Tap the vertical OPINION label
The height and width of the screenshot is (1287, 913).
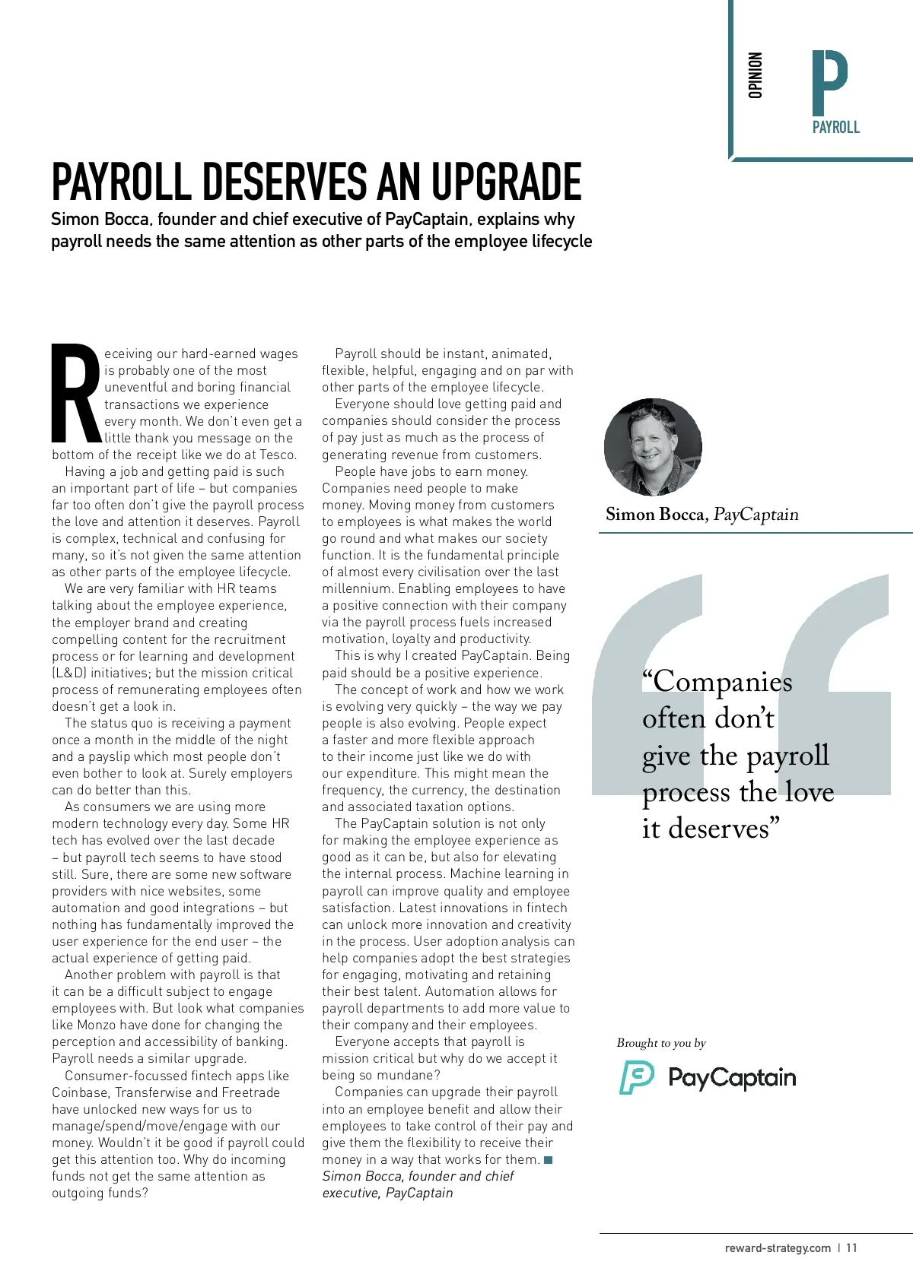[x=755, y=75]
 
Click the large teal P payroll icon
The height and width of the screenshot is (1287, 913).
[x=829, y=82]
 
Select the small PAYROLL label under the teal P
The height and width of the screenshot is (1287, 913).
[x=835, y=128]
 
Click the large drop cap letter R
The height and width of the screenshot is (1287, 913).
[x=76, y=394]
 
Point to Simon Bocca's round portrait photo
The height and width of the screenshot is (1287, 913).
[x=653, y=448]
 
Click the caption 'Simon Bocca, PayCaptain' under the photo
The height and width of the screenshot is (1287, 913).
[x=701, y=515]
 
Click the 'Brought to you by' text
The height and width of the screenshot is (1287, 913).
[x=661, y=1043]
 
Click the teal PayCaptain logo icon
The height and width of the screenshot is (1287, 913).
[x=637, y=1078]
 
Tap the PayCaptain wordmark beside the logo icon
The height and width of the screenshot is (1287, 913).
[x=732, y=1078]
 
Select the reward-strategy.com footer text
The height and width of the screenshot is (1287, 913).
[x=778, y=1247]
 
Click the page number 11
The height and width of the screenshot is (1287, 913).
[x=851, y=1247]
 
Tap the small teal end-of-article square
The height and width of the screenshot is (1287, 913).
[x=549, y=1159]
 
